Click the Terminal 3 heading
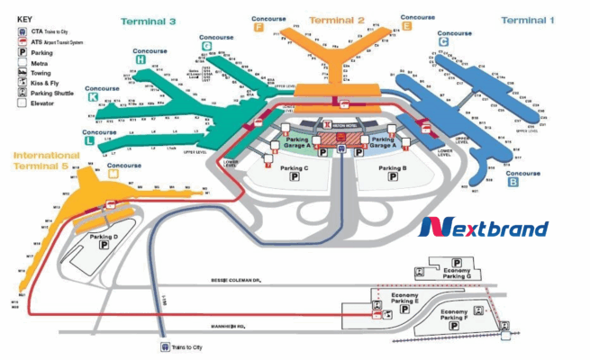148,20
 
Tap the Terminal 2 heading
336,19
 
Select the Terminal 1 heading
528,20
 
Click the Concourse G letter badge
206,45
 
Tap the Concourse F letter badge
259,27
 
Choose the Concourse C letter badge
443,40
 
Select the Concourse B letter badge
513,182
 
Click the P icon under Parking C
294,179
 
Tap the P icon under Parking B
392,179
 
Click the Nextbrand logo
484,227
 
